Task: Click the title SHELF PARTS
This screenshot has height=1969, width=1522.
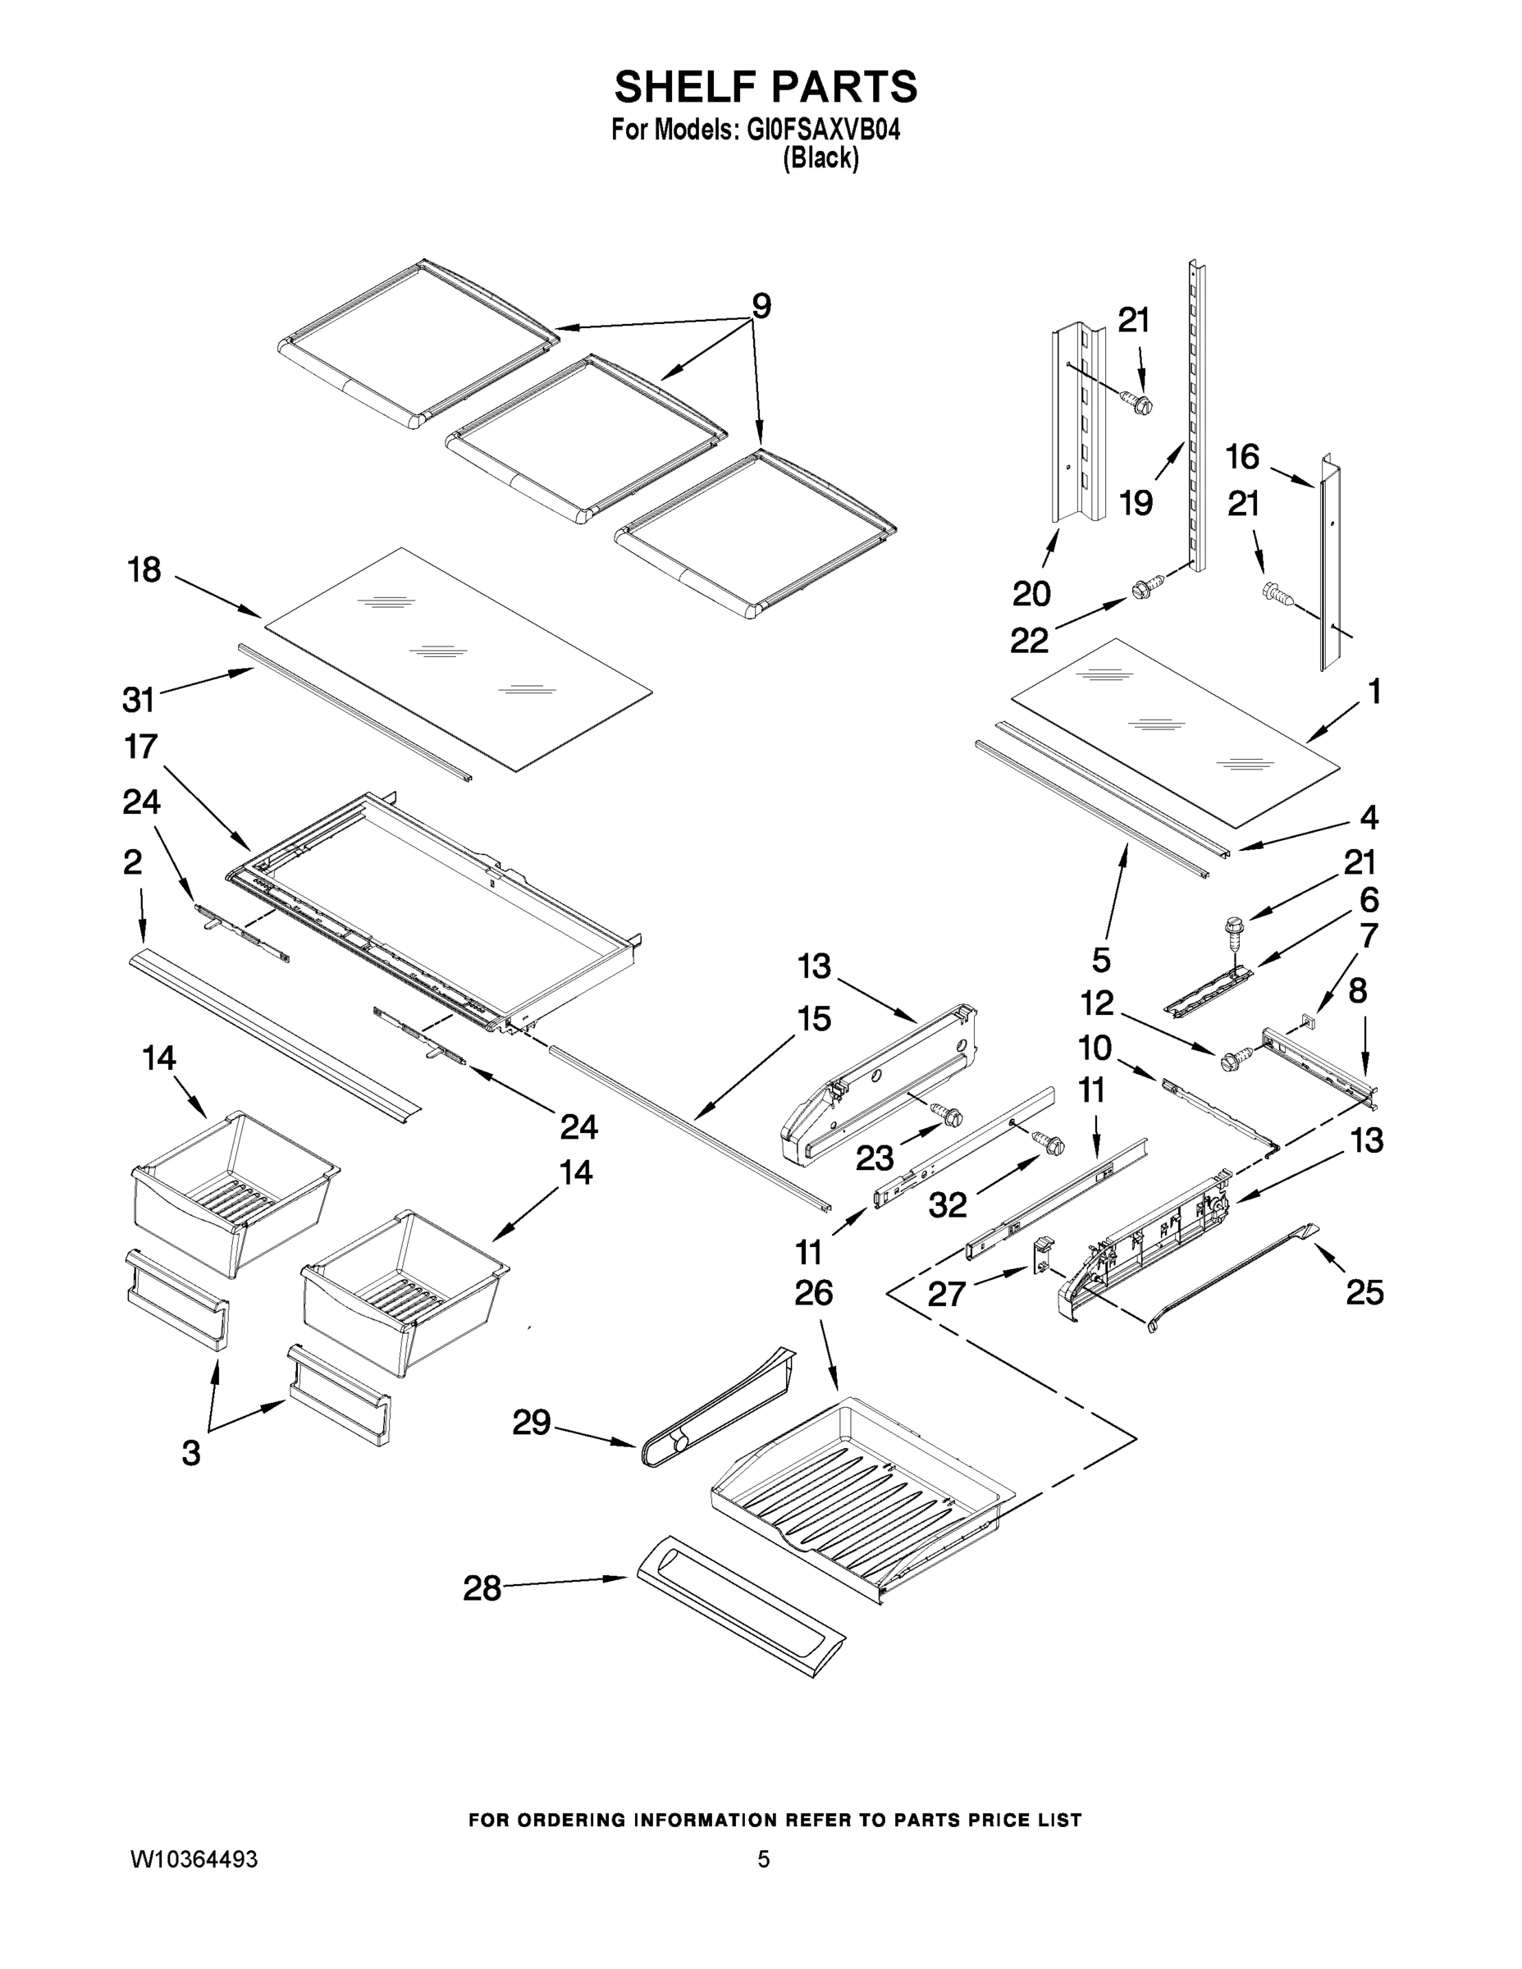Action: (765, 88)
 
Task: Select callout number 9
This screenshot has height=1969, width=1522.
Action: (761, 307)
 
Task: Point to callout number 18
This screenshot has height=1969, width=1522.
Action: (144, 570)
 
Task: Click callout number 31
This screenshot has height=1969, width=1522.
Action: (138, 699)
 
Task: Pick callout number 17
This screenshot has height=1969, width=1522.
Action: (140, 747)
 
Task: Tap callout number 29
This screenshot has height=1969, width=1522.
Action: (531, 1423)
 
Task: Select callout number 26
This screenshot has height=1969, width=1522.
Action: (813, 1293)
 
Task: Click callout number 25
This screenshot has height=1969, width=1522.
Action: (1364, 1293)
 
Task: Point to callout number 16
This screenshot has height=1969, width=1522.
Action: (1241, 457)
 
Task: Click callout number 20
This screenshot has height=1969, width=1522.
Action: (1031, 593)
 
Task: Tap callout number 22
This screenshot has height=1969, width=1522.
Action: (1029, 640)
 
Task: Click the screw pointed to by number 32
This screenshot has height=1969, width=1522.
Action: (1049, 1143)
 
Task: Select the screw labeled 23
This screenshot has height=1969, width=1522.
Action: (948, 1116)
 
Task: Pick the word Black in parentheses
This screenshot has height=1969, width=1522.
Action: (820, 158)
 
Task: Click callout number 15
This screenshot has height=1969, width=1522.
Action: (813, 1019)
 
